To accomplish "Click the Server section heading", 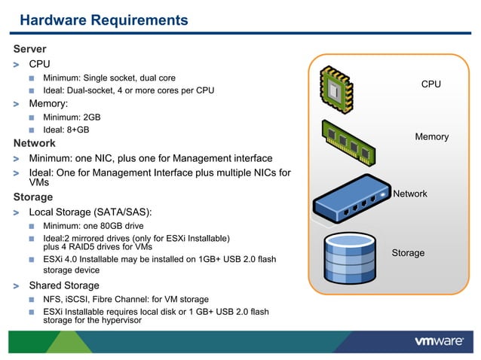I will click(30, 49).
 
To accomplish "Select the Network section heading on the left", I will click(35, 142).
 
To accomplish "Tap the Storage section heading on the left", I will click(33, 197).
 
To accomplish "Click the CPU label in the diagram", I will click(430, 84).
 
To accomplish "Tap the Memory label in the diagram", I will click(431, 136).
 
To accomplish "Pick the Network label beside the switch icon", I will click(410, 194).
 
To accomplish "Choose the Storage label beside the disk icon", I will click(408, 253).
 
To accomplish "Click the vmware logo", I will click(439, 341).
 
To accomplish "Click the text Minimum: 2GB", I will click(72, 117).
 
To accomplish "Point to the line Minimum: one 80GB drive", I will click(98, 226).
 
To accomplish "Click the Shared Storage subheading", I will click(64, 285).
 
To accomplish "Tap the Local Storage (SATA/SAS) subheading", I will click(90, 212).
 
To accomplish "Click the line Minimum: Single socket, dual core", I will click(109, 78).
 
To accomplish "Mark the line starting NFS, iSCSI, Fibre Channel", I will click(125, 299).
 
